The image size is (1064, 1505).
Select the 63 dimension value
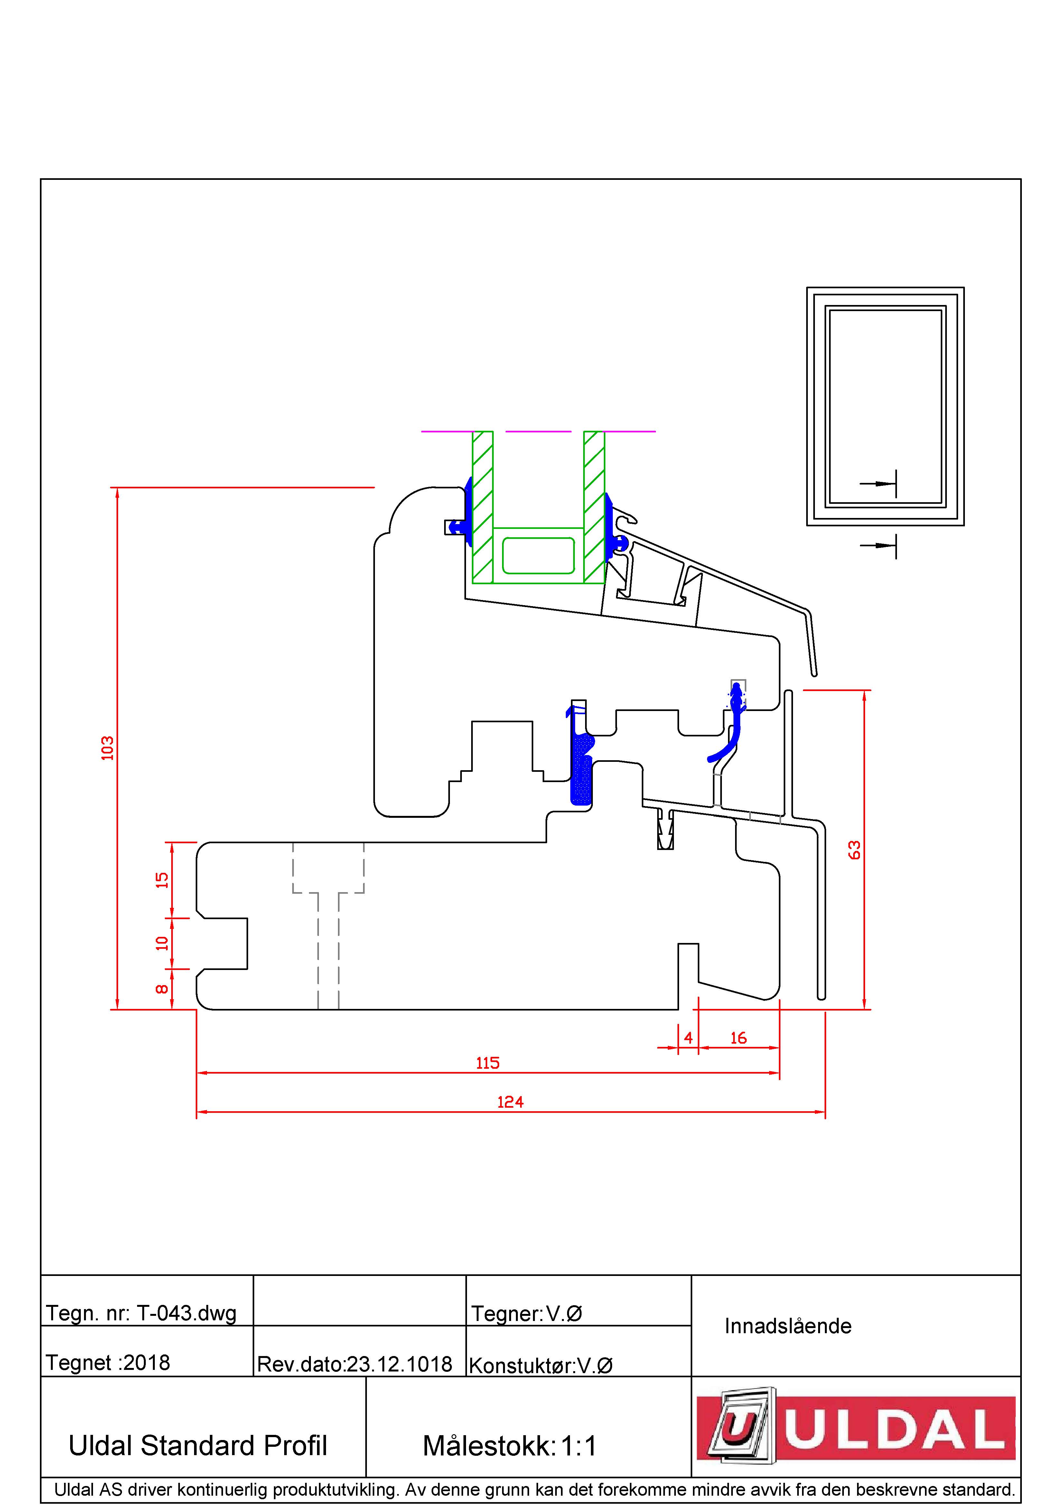pos(854,850)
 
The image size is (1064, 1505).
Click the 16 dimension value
pos(738,1038)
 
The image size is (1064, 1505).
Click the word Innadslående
pos(788,1326)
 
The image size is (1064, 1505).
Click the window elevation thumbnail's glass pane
pos(885,406)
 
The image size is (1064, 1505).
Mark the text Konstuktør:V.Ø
pos(541,1365)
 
